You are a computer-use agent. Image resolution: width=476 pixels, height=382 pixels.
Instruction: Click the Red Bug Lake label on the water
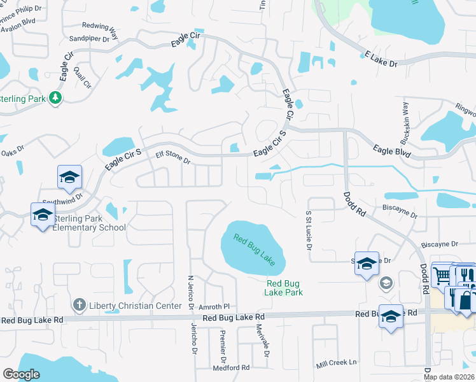[x=254, y=250]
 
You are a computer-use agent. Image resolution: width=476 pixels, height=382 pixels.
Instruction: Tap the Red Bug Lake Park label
[x=284, y=288]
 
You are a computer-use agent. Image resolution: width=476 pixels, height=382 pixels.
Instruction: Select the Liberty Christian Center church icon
[x=78, y=306]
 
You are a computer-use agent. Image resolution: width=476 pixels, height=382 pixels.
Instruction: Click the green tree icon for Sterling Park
[x=56, y=97]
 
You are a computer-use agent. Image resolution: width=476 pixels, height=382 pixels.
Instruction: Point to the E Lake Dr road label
[x=381, y=60]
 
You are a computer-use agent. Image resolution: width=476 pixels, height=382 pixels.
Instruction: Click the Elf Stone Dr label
[x=173, y=157]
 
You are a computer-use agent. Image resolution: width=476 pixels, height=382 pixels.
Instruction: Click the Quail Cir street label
[x=82, y=77]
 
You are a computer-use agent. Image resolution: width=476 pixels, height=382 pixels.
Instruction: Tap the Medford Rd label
[x=232, y=367]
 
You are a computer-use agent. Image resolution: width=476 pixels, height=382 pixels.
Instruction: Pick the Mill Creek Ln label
[x=337, y=363]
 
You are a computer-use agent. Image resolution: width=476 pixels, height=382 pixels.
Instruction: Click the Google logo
[x=21, y=374]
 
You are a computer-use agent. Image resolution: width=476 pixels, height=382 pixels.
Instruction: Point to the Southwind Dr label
[x=62, y=198]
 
